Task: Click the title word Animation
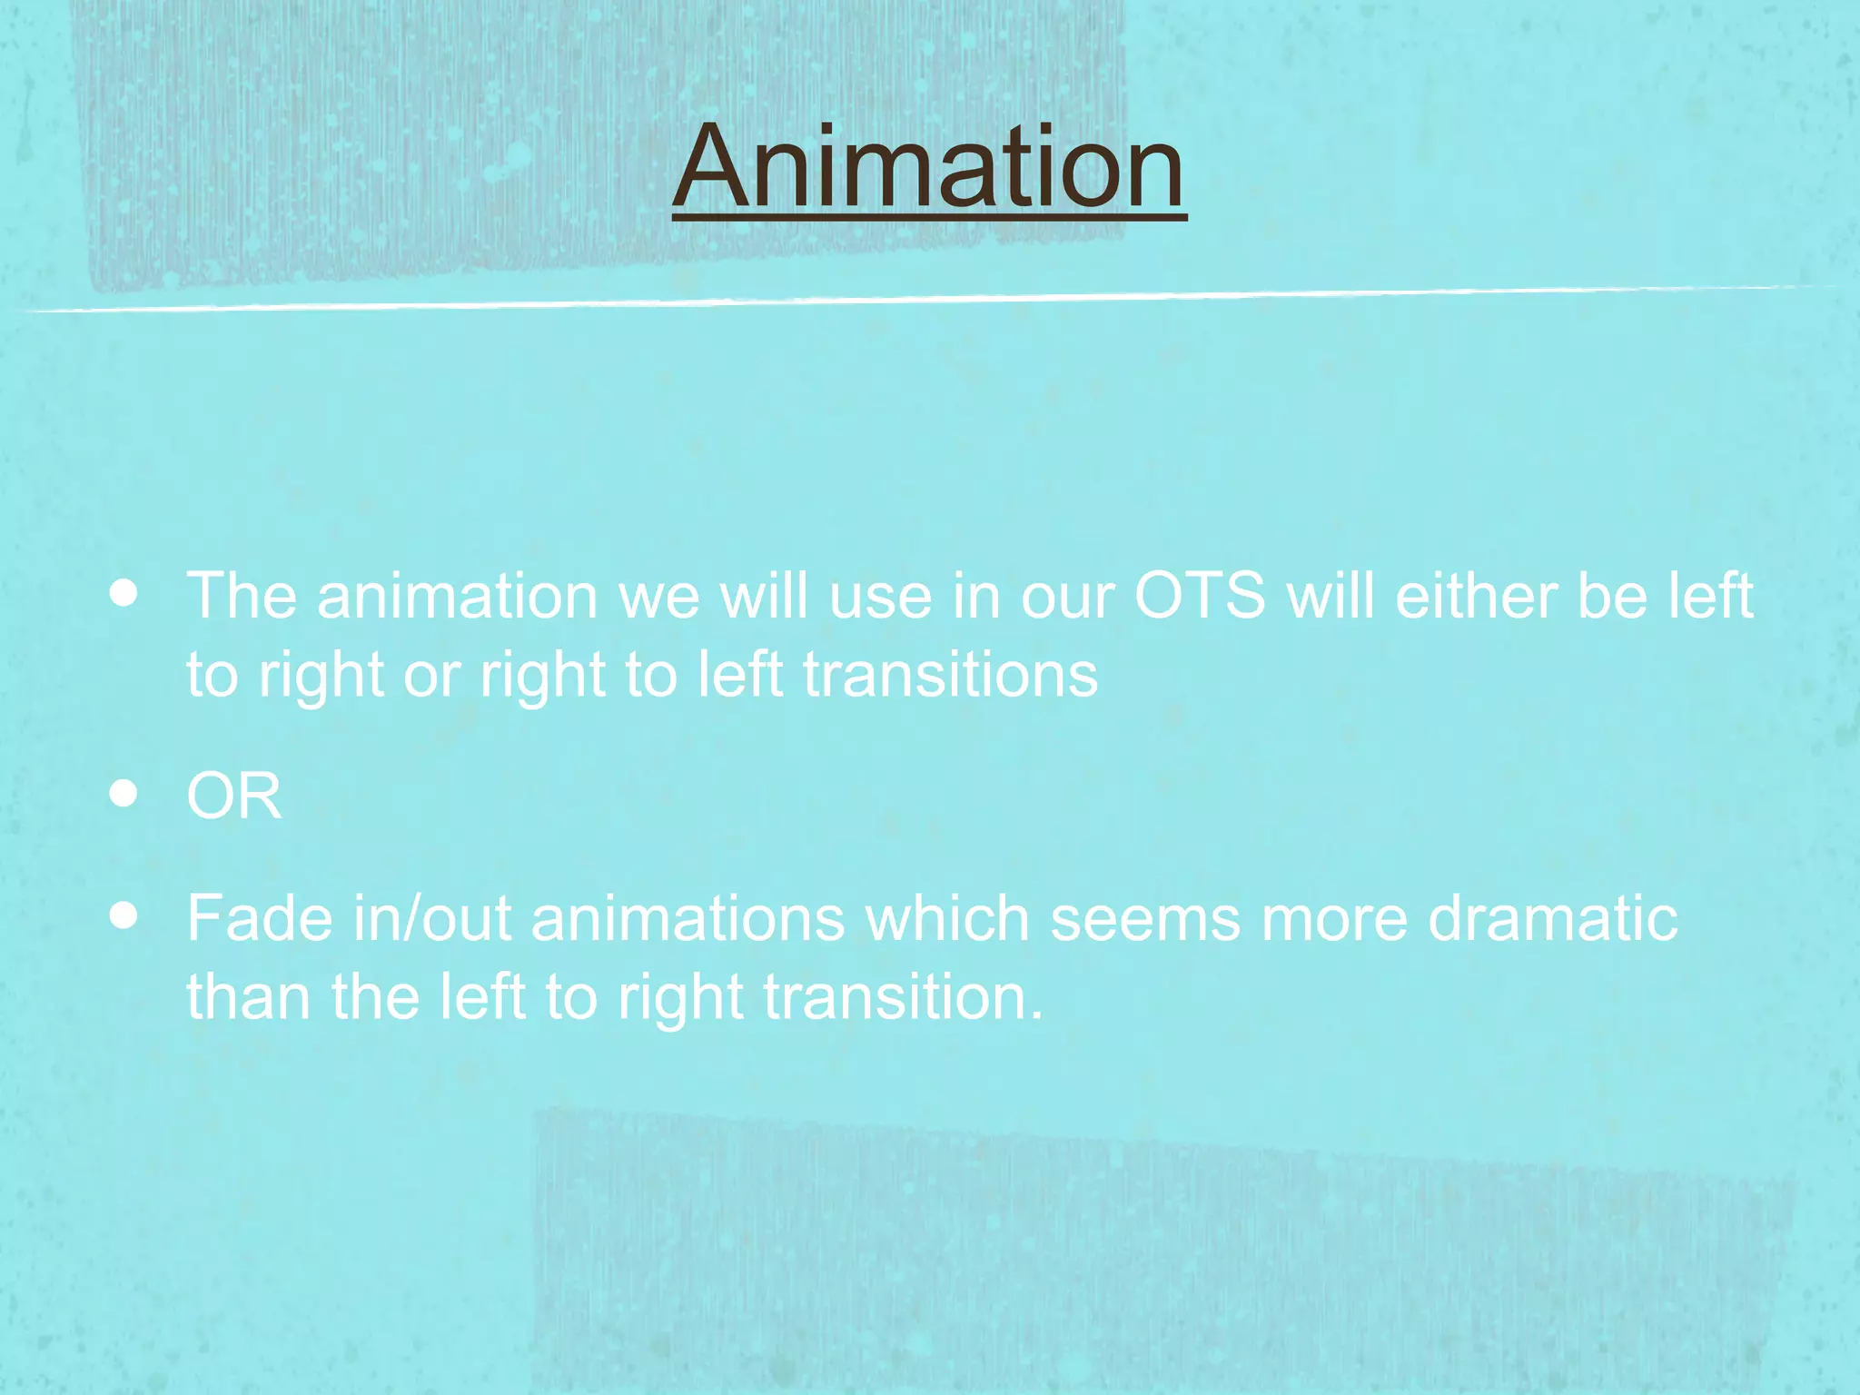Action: click(x=929, y=168)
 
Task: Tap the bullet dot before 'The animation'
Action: click(x=124, y=595)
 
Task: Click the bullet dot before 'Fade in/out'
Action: click(x=124, y=916)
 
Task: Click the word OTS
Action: click(x=1200, y=597)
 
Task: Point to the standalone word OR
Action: click(x=233, y=796)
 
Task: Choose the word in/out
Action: click(x=432, y=918)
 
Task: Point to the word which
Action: click(x=946, y=918)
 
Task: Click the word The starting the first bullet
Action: click(x=242, y=597)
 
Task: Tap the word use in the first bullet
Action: click(x=880, y=597)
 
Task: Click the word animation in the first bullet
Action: click(x=457, y=597)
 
